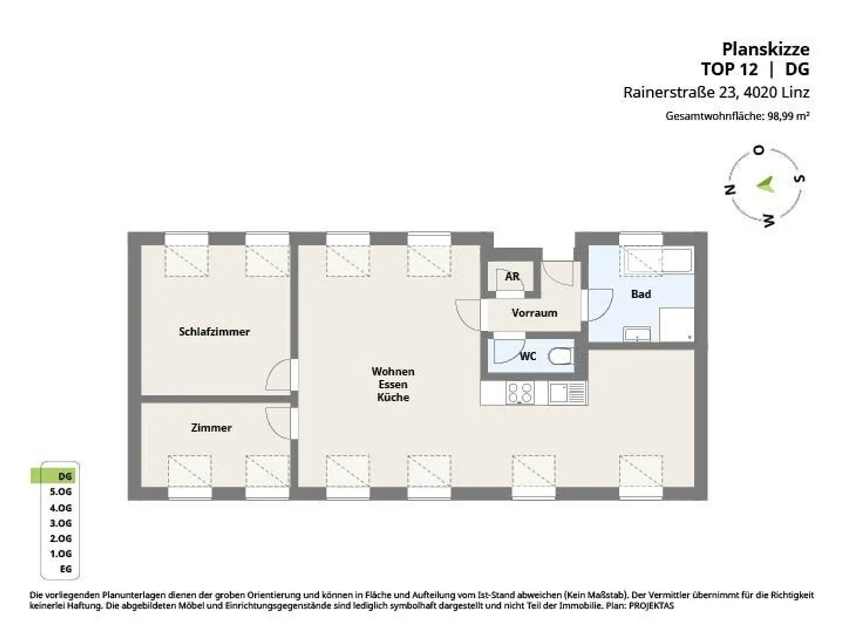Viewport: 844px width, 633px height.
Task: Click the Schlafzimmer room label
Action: (214, 332)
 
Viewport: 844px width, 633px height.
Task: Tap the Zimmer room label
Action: (211, 427)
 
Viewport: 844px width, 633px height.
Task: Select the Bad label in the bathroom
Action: (641, 294)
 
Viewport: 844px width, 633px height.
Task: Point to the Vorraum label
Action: (535, 313)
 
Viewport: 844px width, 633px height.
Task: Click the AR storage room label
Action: (512, 276)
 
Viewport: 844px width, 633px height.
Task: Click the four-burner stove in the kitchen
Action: (520, 393)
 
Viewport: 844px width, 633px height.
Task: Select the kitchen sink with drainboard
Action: (567, 393)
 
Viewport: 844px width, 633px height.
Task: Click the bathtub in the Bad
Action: (659, 262)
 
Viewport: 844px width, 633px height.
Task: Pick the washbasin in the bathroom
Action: (637, 335)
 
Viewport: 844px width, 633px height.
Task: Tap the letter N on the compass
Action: (730, 189)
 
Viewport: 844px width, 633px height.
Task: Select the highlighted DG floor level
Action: (53, 476)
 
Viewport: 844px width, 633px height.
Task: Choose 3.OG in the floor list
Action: (61, 523)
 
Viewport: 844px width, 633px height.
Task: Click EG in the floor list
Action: (66, 569)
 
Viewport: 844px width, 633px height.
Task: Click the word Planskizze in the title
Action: (766, 49)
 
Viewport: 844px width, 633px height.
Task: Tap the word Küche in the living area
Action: (393, 397)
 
